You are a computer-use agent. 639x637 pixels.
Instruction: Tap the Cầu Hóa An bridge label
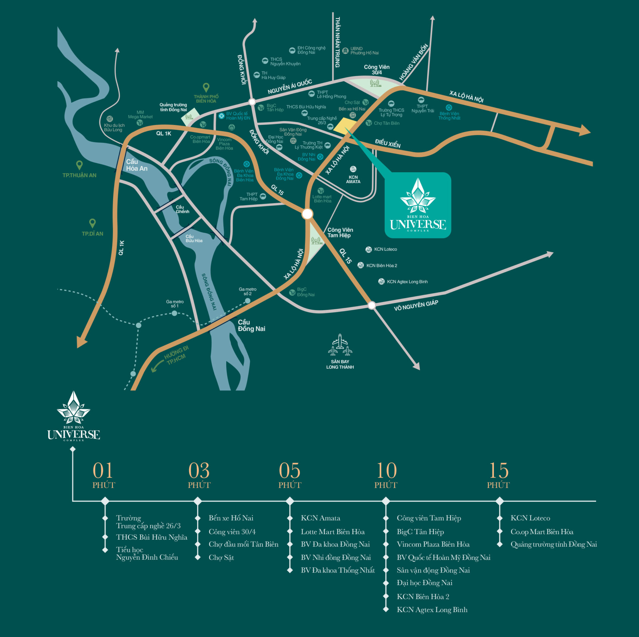pyautogui.click(x=136, y=165)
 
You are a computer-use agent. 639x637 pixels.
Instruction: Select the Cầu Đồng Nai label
pyautogui.click(x=251, y=325)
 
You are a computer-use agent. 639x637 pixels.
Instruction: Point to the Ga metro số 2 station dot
pyautogui.click(x=248, y=301)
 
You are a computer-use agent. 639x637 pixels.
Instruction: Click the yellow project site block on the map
pyautogui.click(x=344, y=126)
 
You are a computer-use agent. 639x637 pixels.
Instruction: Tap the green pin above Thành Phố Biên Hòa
pyautogui.click(x=206, y=87)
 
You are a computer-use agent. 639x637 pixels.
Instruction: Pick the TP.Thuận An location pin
pyautogui.click(x=79, y=165)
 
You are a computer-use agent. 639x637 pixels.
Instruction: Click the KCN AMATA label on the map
pyautogui.click(x=353, y=179)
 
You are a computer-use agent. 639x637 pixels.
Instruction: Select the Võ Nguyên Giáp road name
pyautogui.click(x=416, y=305)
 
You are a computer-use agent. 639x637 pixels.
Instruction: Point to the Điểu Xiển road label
pyautogui.click(x=388, y=143)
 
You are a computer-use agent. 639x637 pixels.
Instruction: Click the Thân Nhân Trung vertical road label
pyautogui.click(x=337, y=42)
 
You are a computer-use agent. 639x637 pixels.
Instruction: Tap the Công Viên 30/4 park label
pyautogui.click(x=376, y=69)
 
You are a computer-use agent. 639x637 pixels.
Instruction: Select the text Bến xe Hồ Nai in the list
pyautogui.click(x=231, y=518)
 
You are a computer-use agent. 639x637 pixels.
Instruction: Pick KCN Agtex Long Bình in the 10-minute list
pyautogui.click(x=432, y=610)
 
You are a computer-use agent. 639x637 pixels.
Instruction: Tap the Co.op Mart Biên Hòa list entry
pyautogui.click(x=541, y=532)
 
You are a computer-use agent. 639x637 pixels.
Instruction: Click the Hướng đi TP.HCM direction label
pyautogui.click(x=176, y=355)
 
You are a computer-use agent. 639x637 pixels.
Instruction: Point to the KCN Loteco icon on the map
pyautogui.click(x=368, y=249)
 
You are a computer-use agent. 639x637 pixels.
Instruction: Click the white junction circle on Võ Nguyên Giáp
pyautogui.click(x=372, y=305)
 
